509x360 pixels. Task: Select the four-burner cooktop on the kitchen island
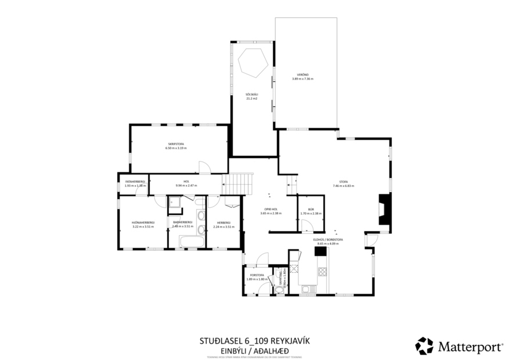point(322,271)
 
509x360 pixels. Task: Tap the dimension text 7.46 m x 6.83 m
point(343,186)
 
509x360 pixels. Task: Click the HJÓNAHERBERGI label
point(142,222)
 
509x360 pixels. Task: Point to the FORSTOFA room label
point(257,275)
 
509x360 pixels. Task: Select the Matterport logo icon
point(424,346)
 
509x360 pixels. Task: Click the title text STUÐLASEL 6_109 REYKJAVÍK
point(254,341)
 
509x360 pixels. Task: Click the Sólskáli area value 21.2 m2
point(251,99)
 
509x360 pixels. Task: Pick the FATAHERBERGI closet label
point(134,182)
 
